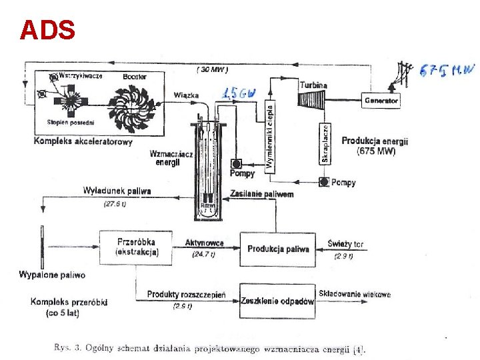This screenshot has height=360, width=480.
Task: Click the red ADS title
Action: (47, 30)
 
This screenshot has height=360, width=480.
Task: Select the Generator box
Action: (381, 101)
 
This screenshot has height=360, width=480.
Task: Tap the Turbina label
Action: (313, 85)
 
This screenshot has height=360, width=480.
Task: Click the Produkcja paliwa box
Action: (278, 249)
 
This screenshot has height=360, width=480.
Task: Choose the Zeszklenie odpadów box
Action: (277, 301)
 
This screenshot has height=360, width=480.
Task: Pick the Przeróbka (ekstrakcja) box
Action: (137, 247)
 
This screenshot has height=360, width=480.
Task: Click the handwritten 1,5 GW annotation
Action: (239, 93)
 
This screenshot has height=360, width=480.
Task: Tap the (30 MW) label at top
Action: (212, 69)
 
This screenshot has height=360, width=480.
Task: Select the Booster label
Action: (135, 77)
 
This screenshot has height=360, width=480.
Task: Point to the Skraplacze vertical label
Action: (325, 143)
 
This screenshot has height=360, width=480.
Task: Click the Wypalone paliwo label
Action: (52, 275)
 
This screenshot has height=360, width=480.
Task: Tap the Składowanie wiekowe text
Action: (355, 294)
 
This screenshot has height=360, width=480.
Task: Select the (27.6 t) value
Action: (115, 204)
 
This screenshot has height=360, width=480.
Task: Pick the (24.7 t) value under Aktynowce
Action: (203, 254)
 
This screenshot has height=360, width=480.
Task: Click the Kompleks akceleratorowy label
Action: (83, 141)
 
